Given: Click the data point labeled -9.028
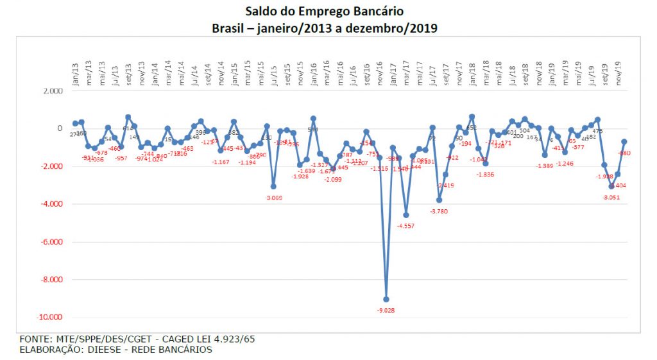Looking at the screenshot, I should pyautogui.click(x=386, y=299).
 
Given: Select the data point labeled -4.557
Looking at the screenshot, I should pyautogui.click(x=406, y=215).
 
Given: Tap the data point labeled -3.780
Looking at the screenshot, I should pyautogui.click(x=439, y=200).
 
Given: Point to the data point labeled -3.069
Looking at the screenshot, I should pyautogui.click(x=273, y=187).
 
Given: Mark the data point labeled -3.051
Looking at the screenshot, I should pyautogui.click(x=611, y=186).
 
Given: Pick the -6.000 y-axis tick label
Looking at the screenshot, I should pyautogui.click(x=51, y=242).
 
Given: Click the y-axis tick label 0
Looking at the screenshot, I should pyautogui.click(x=60, y=129).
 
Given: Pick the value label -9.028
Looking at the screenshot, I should pyautogui.click(x=386, y=311).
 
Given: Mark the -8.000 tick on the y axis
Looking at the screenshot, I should pyautogui.click(x=51, y=280).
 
